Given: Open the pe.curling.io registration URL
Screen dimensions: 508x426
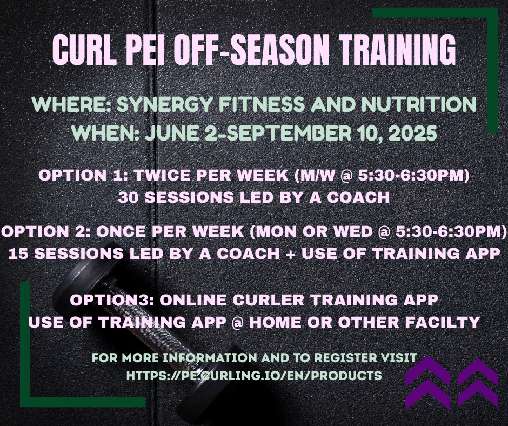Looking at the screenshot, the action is pyautogui.click(x=254, y=375).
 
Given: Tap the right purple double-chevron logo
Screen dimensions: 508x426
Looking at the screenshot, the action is pyautogui.click(x=478, y=383).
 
